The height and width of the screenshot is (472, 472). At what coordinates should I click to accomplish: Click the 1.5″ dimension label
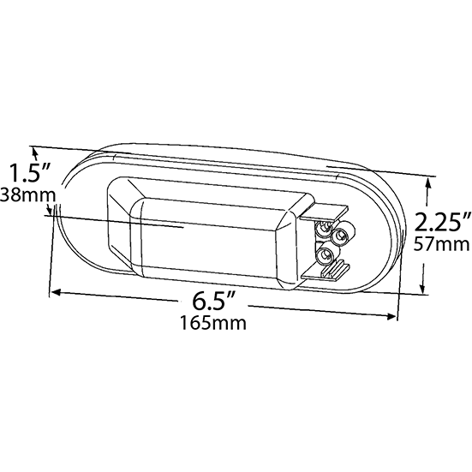29,173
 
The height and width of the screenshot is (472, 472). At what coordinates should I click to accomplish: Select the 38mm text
28,194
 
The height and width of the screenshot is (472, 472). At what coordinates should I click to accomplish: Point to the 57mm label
441,244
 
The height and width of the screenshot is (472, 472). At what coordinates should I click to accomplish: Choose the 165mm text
213,323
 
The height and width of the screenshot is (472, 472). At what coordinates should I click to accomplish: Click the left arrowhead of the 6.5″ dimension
56,292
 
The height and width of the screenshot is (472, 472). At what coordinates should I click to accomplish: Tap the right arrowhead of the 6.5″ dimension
391,316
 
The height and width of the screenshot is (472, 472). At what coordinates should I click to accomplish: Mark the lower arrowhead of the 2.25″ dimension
424,288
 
